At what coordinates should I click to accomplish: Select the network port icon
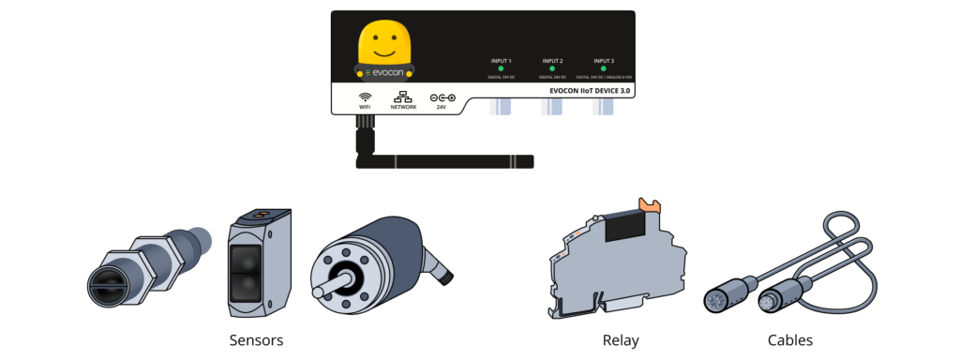pos(403,97)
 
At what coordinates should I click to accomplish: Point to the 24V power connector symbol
pos(442,97)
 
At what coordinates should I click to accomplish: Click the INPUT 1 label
pos(501,61)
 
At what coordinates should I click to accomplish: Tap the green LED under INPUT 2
pos(552,68)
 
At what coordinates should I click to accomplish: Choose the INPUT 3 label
pos(604,61)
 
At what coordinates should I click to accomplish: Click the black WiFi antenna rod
pos(450,161)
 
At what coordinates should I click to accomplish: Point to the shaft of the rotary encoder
pos(337,282)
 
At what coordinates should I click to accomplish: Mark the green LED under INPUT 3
pos(604,68)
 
